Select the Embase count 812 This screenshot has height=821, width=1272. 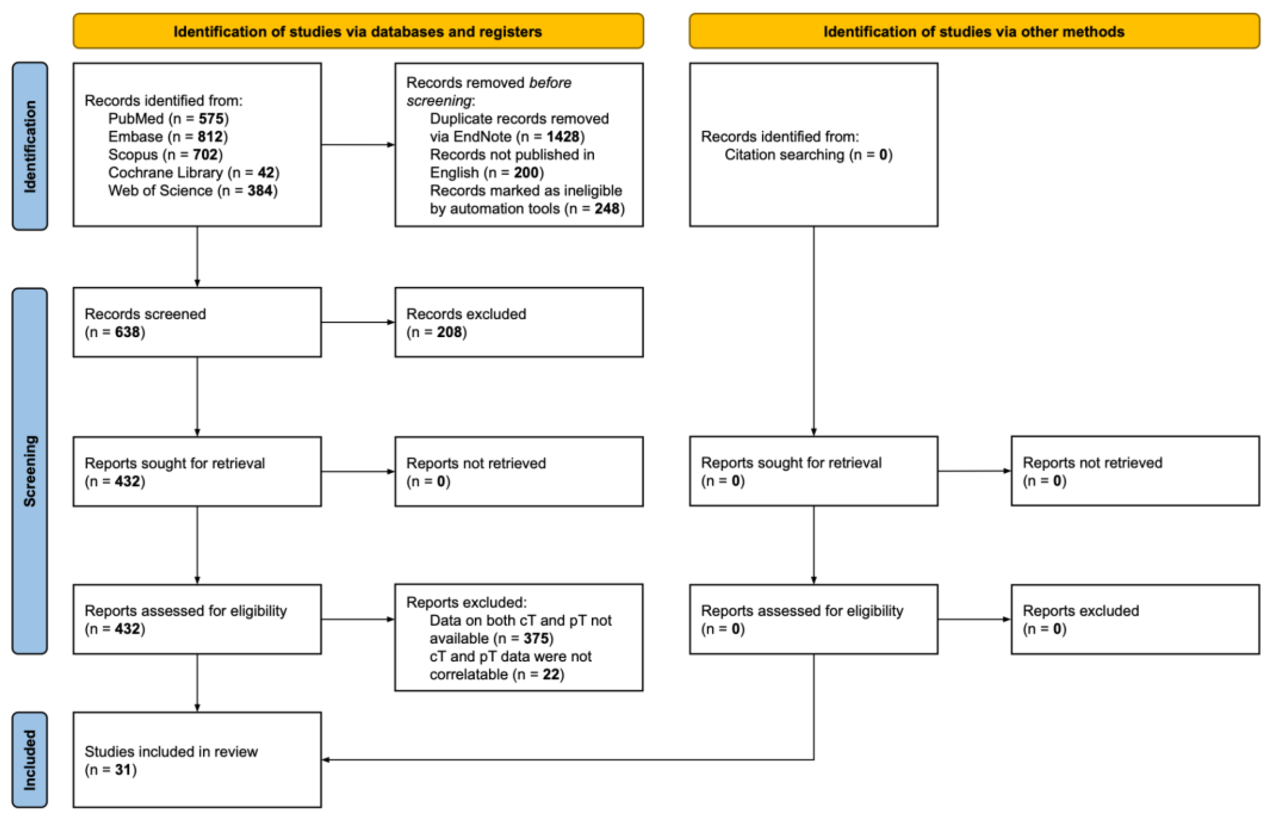[x=210, y=137]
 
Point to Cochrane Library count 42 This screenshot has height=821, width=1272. [x=266, y=173]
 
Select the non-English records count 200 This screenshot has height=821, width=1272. [x=525, y=173]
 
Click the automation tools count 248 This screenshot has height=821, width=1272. [x=606, y=208]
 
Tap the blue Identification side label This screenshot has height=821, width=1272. [x=30, y=146]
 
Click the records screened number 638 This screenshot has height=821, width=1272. [x=127, y=332]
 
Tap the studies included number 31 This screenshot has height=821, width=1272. [x=123, y=770]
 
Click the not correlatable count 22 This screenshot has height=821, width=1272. [x=550, y=675]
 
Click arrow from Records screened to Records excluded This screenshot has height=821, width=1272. [x=357, y=322]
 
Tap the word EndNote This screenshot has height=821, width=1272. [x=482, y=137]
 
